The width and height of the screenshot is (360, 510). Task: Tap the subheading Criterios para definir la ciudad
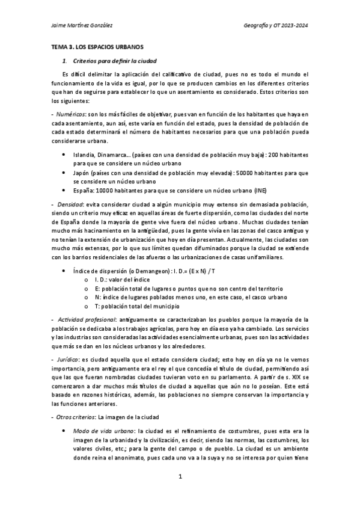click(115, 61)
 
